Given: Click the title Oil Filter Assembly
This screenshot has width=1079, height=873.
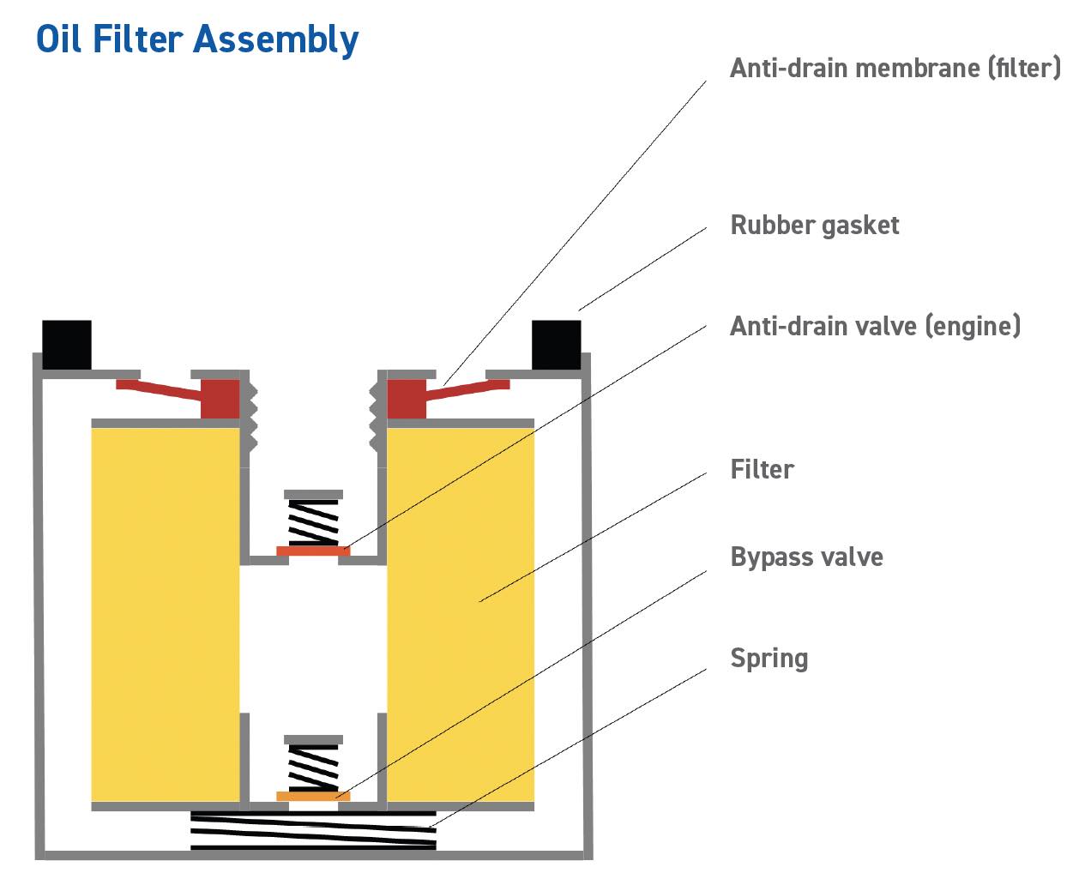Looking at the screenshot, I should click(197, 39).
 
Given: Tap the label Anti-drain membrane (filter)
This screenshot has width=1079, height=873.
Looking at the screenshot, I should click(895, 68).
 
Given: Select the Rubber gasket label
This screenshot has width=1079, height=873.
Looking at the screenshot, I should click(814, 226).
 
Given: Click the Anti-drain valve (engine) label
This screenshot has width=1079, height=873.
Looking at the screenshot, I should click(875, 326).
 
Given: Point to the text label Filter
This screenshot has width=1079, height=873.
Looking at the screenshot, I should click(762, 469).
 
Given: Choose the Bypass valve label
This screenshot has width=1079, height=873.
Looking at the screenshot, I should click(806, 557).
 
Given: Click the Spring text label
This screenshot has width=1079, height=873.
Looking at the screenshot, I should click(769, 658).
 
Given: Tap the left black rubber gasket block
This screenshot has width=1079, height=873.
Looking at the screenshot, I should click(67, 345).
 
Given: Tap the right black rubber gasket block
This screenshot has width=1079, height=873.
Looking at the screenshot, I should click(557, 345).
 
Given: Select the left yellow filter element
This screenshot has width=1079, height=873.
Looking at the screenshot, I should click(165, 613).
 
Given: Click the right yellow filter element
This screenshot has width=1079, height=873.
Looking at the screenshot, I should click(461, 613).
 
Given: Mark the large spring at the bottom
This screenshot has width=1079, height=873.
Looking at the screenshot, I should click(313, 830).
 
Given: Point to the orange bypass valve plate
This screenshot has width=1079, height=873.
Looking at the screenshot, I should click(313, 797).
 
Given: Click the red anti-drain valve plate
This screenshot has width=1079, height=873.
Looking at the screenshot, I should click(313, 551).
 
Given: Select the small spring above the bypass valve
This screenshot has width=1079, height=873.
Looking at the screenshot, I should click(313, 766).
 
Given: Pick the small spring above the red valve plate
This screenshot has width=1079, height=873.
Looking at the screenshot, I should click(313, 521).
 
